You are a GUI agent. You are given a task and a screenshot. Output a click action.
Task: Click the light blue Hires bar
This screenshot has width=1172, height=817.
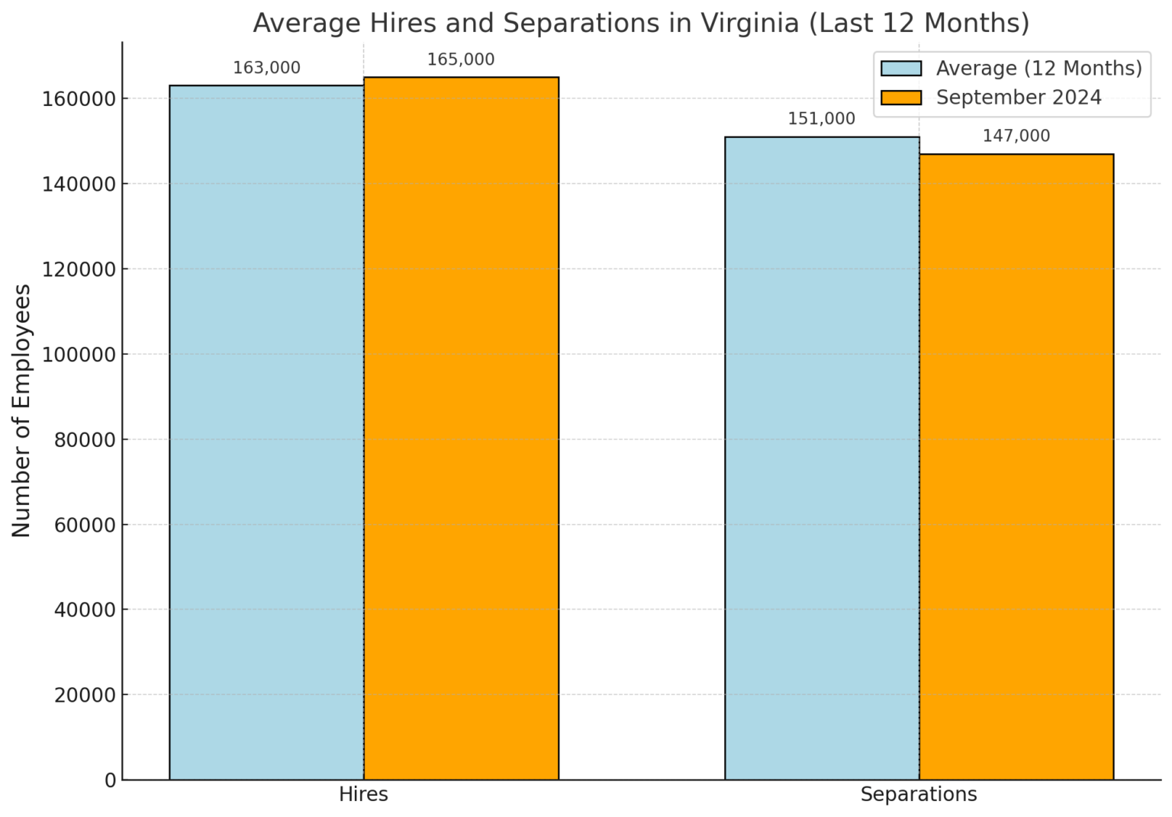point(266,433)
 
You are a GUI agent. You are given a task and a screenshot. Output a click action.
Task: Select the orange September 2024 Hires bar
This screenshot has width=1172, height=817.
point(461,428)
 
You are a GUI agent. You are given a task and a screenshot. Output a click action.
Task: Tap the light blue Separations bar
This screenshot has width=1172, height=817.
point(822,458)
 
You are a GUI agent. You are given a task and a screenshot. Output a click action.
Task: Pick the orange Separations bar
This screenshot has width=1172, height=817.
point(1016,467)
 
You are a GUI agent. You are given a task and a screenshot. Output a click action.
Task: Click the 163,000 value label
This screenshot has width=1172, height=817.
point(266,68)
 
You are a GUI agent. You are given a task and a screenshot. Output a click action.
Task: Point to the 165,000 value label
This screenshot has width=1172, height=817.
point(461,60)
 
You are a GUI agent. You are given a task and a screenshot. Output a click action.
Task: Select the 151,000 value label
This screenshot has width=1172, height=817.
point(822,119)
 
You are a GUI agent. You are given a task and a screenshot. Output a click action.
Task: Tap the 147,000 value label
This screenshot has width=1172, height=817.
point(1016,136)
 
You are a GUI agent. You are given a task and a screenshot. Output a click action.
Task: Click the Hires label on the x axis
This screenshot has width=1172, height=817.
point(363,794)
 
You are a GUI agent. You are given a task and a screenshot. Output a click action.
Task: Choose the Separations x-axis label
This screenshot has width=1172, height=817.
point(919,794)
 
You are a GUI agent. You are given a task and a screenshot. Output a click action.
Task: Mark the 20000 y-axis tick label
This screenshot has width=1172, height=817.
point(85,695)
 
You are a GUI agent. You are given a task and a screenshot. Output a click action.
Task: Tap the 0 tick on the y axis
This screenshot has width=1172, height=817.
point(111,780)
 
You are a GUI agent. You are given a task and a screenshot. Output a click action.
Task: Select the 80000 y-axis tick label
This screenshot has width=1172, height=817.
point(85,439)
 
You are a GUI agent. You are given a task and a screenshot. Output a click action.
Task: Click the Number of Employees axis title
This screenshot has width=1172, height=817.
point(21,410)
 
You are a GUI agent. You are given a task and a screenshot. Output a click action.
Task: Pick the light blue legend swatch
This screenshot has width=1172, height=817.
point(901,69)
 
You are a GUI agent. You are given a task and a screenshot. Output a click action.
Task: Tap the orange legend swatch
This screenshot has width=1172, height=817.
point(901,98)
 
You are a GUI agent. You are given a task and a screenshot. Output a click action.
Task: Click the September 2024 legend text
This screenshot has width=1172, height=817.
point(1019,98)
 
